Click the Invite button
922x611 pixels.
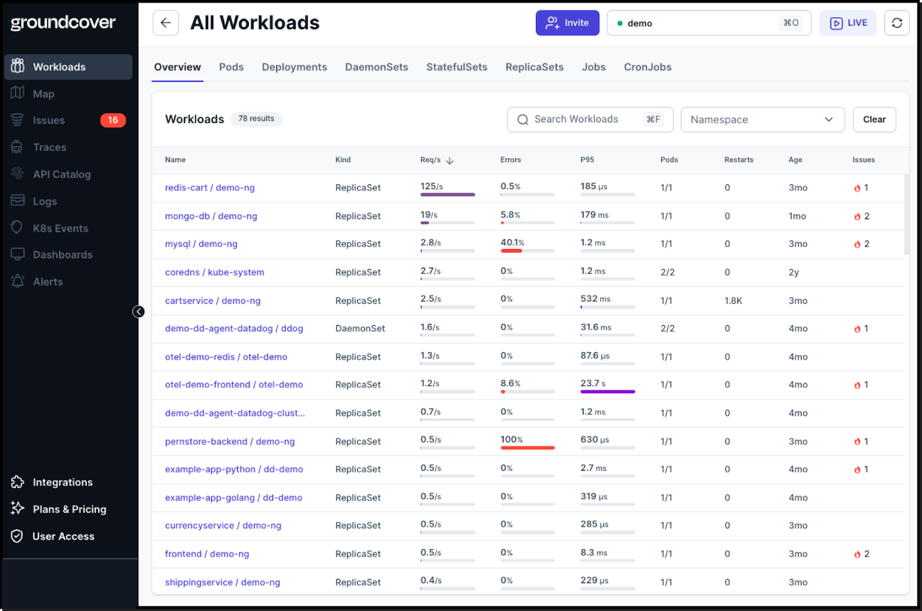(x=567, y=23)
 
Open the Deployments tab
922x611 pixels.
(x=294, y=67)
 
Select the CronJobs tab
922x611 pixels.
(x=647, y=67)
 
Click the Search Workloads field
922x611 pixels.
(x=590, y=119)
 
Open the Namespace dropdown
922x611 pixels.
(x=763, y=119)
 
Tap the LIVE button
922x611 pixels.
(x=848, y=23)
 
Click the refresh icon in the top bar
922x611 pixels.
(x=897, y=23)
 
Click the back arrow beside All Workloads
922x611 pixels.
(x=165, y=23)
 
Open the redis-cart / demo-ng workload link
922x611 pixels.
(x=210, y=188)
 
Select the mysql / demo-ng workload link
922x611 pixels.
(x=202, y=244)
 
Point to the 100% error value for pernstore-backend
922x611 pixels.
(x=512, y=439)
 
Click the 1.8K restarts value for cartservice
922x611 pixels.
(x=733, y=301)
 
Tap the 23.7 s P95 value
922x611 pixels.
(x=593, y=383)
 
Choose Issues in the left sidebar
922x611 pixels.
(x=49, y=120)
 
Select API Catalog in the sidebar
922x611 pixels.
(x=62, y=174)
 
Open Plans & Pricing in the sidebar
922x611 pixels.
(x=69, y=510)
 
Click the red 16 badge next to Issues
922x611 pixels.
(x=113, y=120)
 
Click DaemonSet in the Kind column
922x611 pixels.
(x=360, y=329)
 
